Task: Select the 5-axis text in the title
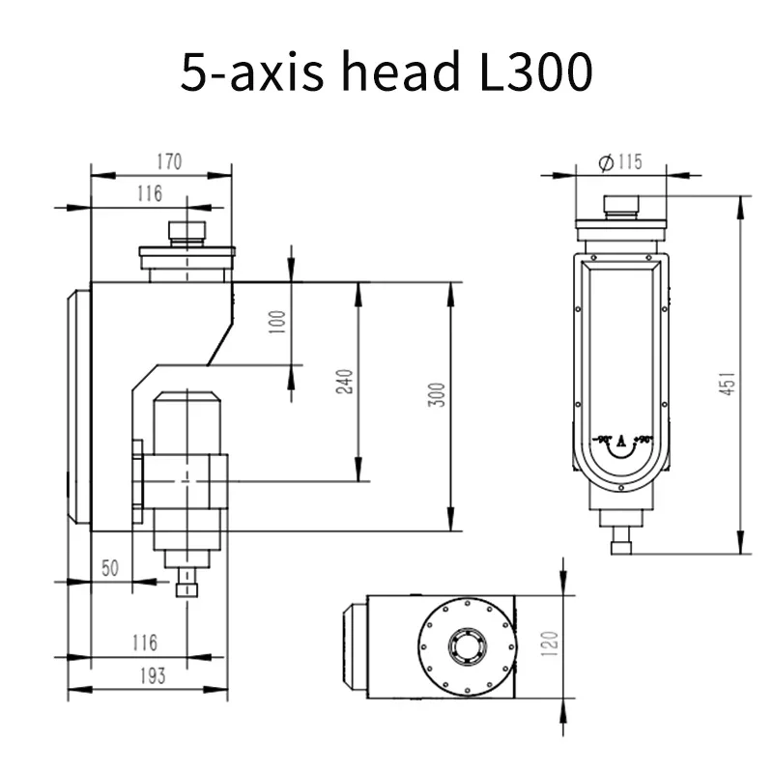point(252,73)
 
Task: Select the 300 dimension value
point(438,395)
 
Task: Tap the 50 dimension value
point(110,568)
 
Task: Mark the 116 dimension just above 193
point(144,643)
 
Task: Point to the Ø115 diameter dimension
point(620,161)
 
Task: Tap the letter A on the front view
point(621,442)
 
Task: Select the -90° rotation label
point(605,441)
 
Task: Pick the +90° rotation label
point(643,441)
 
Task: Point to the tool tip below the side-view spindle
point(186,588)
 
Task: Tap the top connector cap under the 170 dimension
point(186,232)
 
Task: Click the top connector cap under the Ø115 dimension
point(620,205)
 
